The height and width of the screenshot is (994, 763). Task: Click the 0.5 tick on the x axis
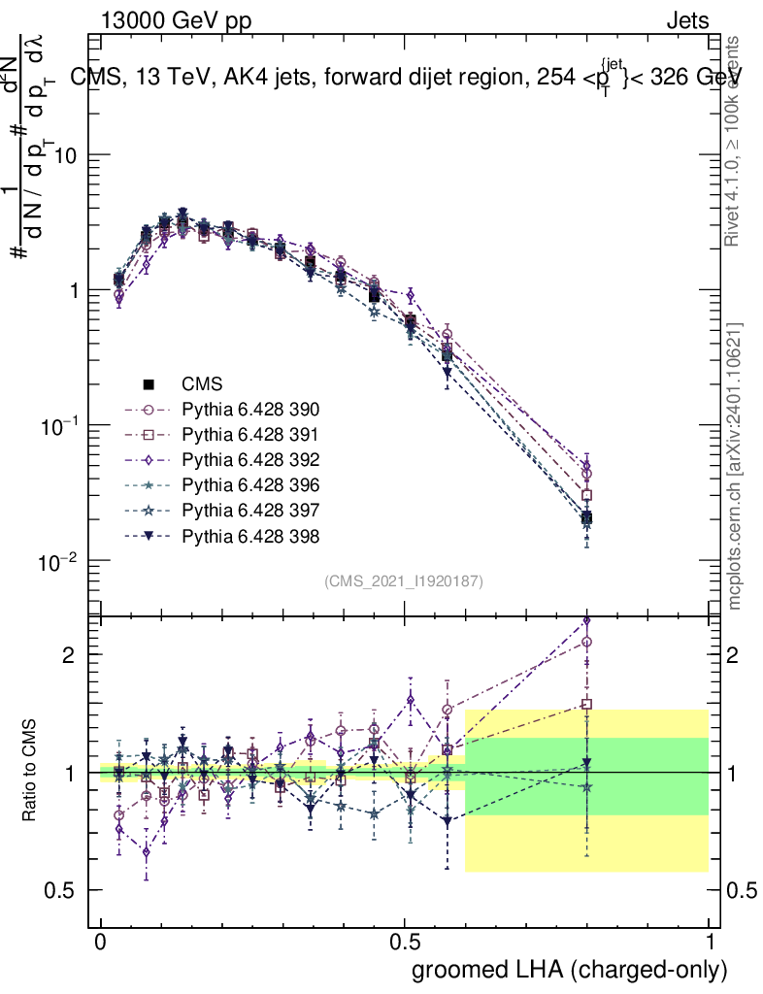(x=405, y=943)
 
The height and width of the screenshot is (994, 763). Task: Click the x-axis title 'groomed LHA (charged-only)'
(x=570, y=970)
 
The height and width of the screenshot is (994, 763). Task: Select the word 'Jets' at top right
(x=686, y=19)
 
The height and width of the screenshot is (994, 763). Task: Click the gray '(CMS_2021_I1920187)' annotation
(x=404, y=581)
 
